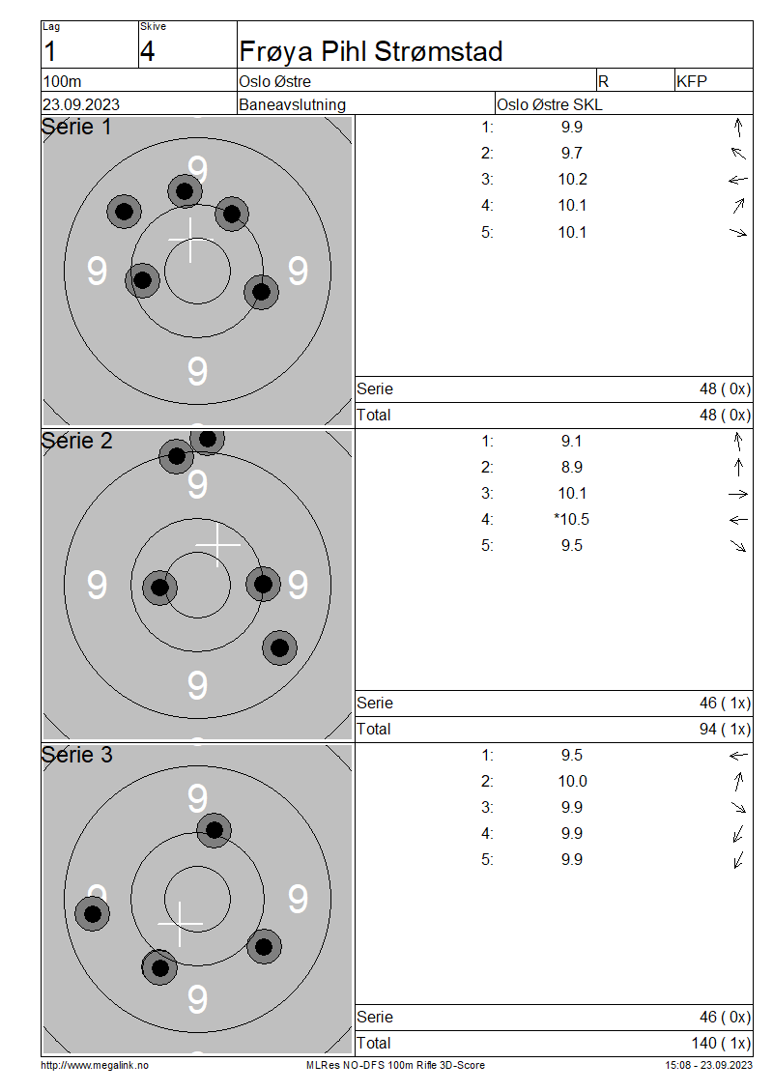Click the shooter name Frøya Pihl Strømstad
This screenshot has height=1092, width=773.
click(x=370, y=51)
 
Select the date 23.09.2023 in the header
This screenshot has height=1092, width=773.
click(x=81, y=104)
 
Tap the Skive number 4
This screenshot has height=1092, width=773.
click(x=147, y=51)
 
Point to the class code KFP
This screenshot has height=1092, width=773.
click(x=692, y=81)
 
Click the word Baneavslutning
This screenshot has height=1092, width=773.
click(x=292, y=104)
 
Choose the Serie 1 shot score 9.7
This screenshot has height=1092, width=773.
click(x=572, y=154)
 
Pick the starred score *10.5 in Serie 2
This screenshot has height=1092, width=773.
click(x=571, y=520)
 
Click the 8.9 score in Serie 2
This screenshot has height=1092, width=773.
click(x=572, y=468)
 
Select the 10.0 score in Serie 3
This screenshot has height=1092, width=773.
click(x=572, y=782)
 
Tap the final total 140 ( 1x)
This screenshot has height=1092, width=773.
click(x=721, y=1044)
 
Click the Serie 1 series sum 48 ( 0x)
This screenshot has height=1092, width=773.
click(x=725, y=389)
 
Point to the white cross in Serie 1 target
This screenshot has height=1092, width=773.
click(x=190, y=241)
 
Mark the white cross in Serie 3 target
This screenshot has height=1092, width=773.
click(x=181, y=924)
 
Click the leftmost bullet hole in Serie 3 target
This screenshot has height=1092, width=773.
click(x=93, y=914)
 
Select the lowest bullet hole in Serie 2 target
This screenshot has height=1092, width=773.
click(x=280, y=647)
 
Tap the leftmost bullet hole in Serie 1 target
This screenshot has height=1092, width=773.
click(x=124, y=211)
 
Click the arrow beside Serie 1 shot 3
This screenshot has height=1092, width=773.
click(x=738, y=180)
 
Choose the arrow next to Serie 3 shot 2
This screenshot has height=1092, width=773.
click(x=739, y=782)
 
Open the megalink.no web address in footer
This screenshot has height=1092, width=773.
click(x=95, y=1065)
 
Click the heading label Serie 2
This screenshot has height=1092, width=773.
click(x=76, y=441)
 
